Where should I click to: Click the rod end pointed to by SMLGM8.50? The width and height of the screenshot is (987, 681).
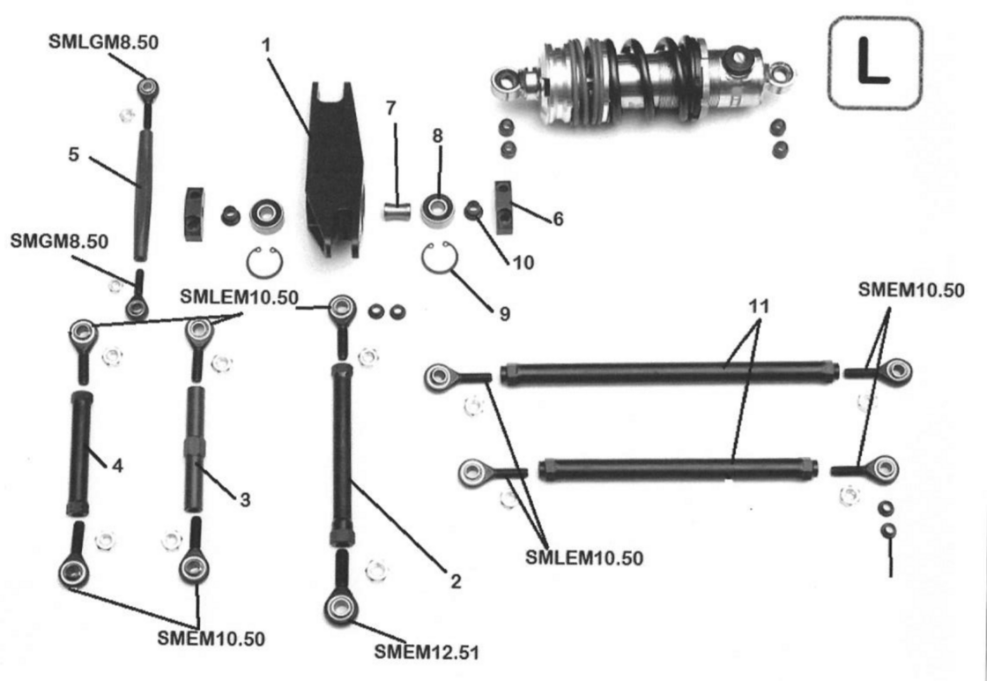(x=148, y=88)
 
